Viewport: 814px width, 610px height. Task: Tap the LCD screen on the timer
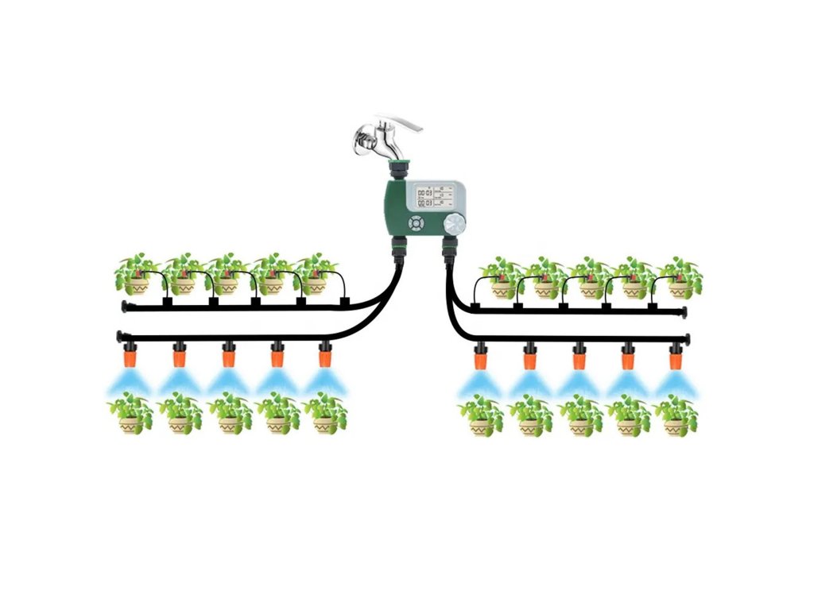pyautogui.click(x=434, y=196)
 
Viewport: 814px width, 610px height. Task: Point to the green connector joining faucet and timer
pyautogui.click(x=395, y=169)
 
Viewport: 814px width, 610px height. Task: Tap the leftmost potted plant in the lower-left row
pyautogui.click(x=130, y=414)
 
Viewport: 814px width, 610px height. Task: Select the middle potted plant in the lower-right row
pyautogui.click(x=579, y=415)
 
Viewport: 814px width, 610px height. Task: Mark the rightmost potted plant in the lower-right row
pyautogui.click(x=676, y=415)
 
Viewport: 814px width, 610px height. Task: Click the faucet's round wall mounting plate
pyautogui.click(x=360, y=142)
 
